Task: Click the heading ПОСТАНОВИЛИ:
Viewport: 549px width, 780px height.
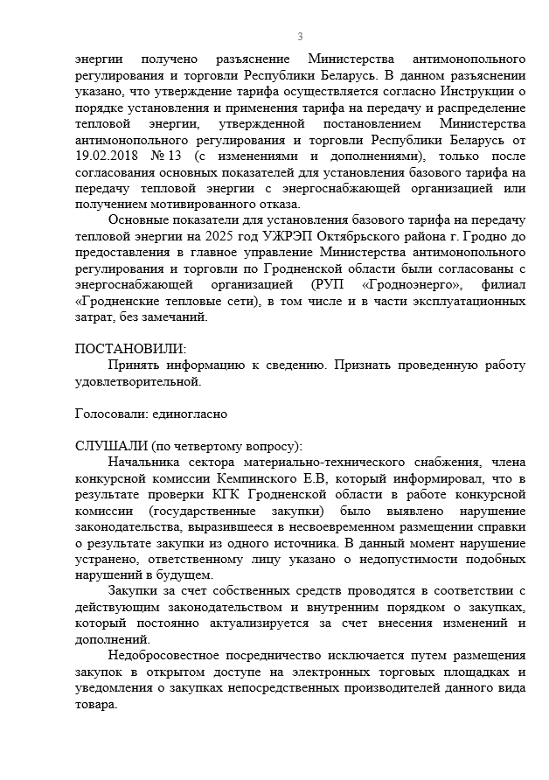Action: (131, 349)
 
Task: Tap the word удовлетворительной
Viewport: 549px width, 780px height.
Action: (138, 380)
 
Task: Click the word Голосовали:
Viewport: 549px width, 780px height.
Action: (108, 413)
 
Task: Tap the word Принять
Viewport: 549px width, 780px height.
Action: (135, 365)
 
